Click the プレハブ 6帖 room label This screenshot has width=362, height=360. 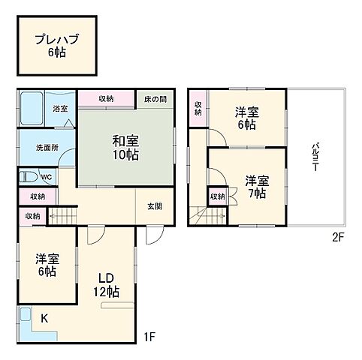(57, 46)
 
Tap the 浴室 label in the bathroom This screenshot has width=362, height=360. (60, 109)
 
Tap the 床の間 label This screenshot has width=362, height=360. (156, 99)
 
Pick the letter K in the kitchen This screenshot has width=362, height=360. (43, 319)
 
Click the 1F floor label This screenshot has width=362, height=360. (150, 336)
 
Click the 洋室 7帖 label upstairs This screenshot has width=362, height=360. (256, 186)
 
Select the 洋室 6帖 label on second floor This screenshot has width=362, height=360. (246, 119)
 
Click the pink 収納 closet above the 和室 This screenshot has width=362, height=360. (106, 99)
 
